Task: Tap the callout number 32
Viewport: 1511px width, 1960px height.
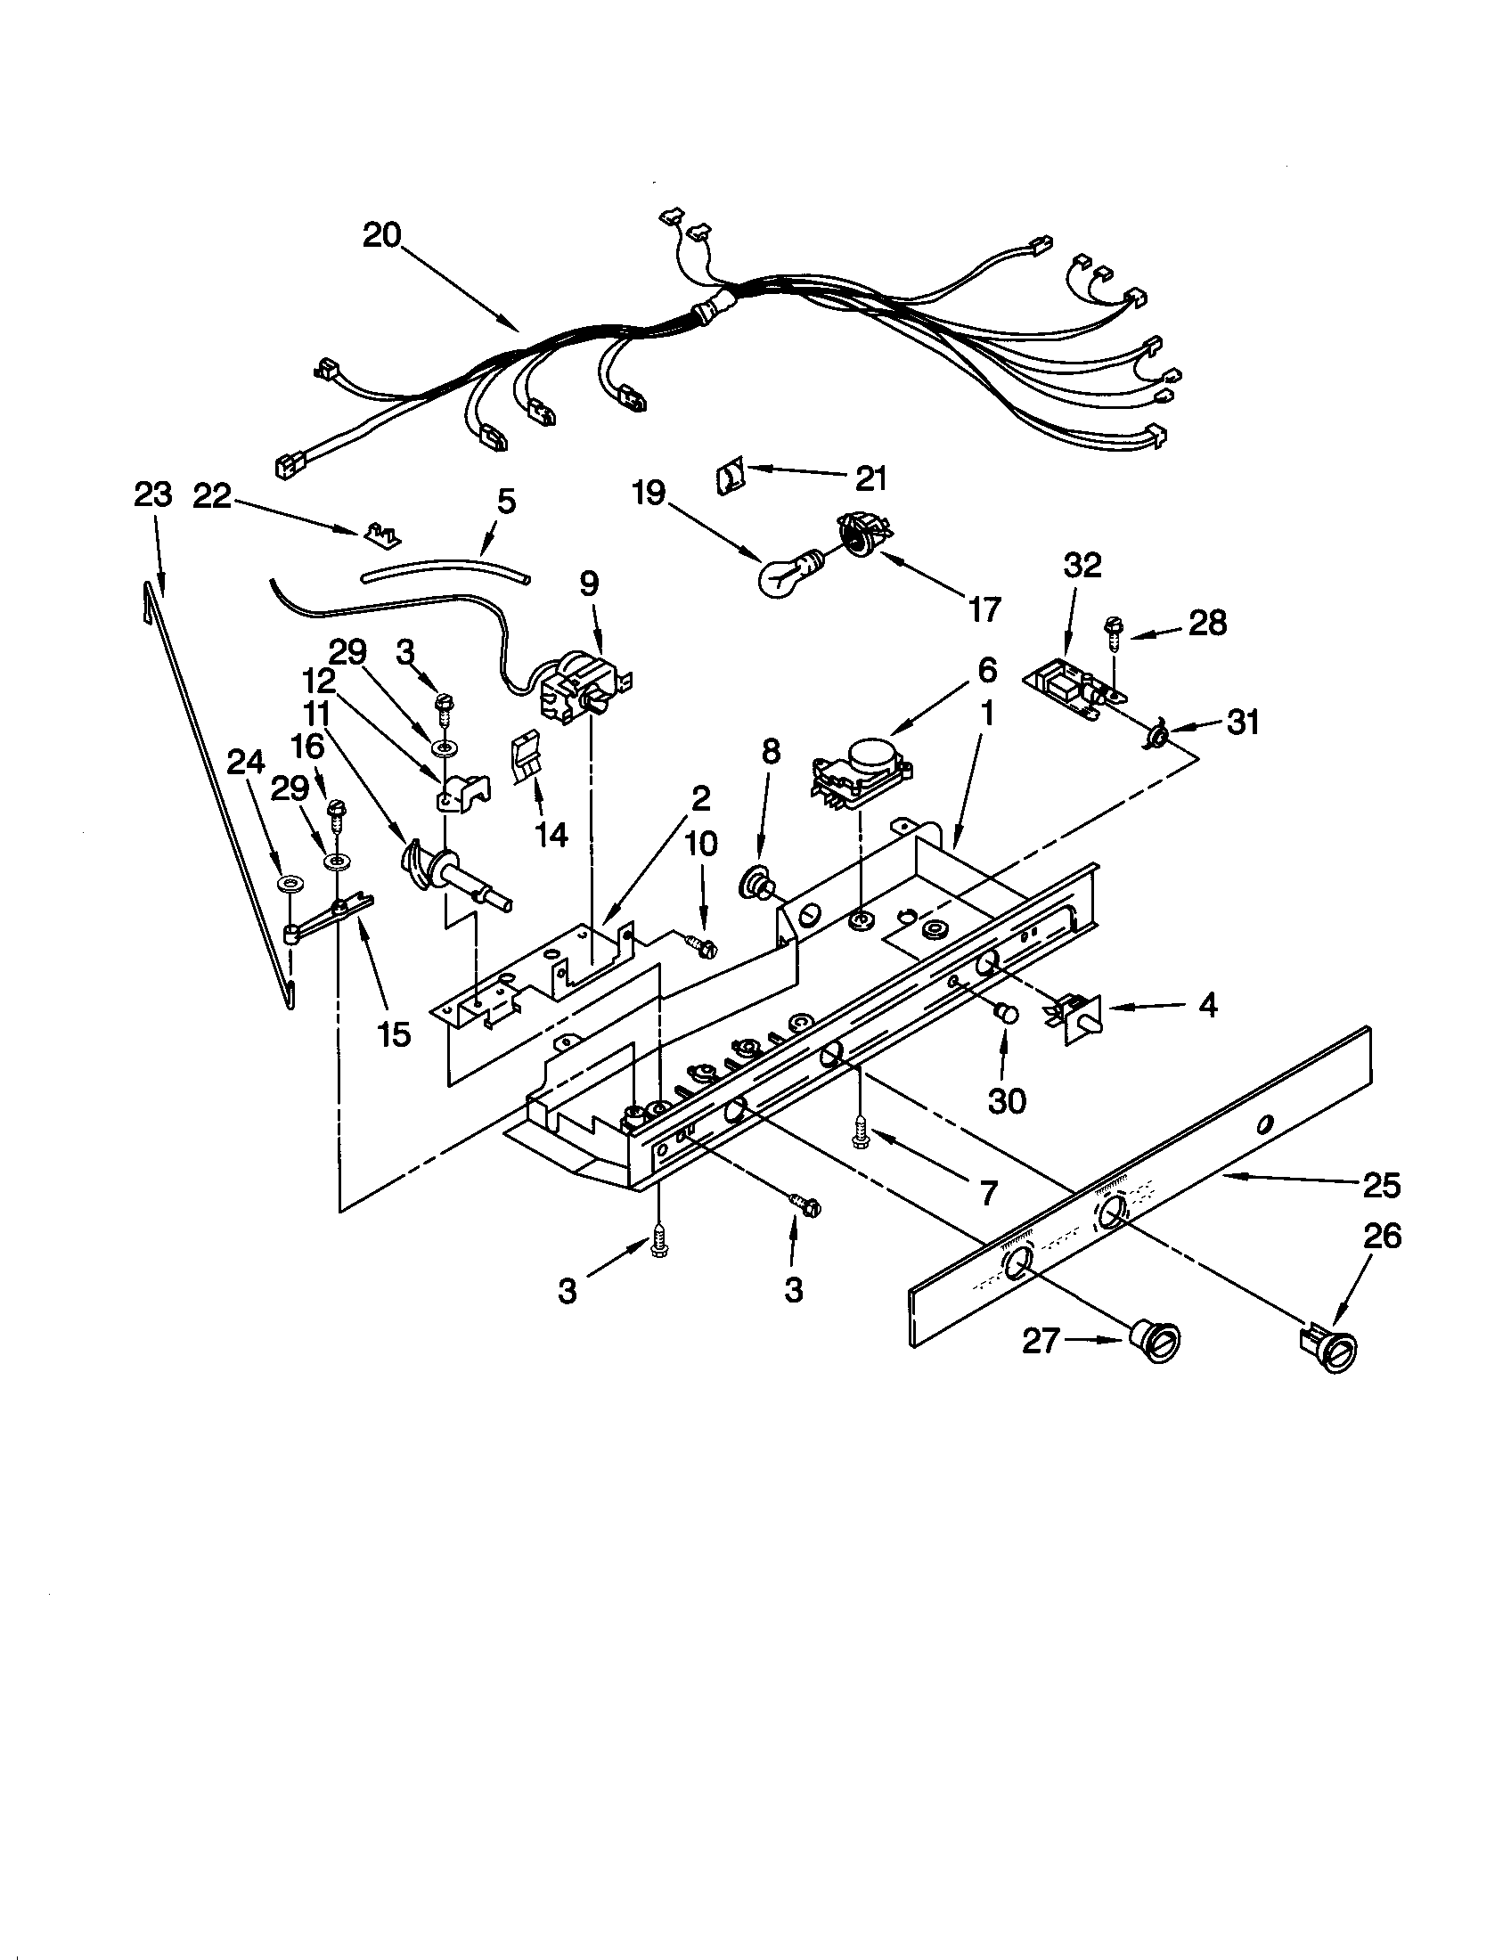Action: tap(1083, 567)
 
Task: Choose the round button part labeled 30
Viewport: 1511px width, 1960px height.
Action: tap(1007, 1013)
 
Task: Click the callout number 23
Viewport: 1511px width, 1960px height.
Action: tap(151, 495)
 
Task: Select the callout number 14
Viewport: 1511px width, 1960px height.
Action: tap(550, 835)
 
